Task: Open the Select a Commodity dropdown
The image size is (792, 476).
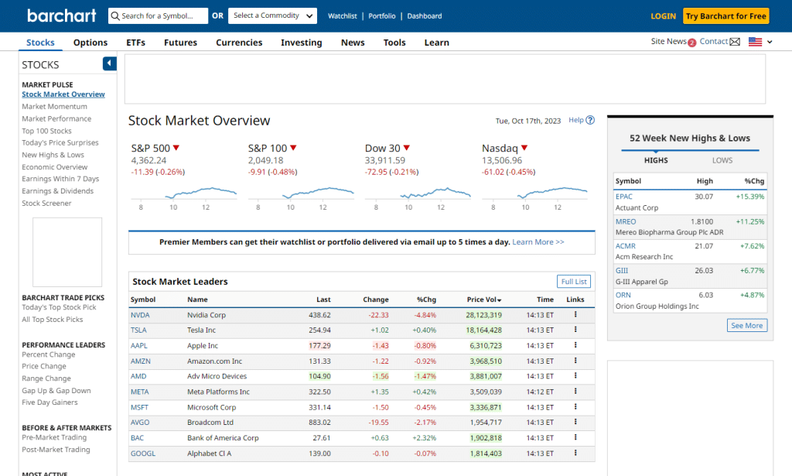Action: [274, 15]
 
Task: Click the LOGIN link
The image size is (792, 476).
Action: [663, 15]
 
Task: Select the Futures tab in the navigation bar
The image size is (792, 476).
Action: [180, 43]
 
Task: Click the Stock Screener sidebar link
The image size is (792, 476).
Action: [46, 204]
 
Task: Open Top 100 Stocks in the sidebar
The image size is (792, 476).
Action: [46, 131]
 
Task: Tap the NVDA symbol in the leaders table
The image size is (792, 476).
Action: [139, 315]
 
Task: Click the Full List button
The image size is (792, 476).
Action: [574, 282]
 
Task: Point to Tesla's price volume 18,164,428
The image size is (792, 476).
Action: [484, 330]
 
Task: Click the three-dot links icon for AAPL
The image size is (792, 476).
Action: [575, 345]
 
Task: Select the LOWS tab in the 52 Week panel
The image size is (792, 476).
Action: [722, 160]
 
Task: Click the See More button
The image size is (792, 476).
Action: [746, 326]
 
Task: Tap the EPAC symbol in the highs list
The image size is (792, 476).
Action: [623, 197]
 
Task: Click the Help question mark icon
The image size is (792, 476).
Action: [590, 120]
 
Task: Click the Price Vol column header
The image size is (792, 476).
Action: [484, 300]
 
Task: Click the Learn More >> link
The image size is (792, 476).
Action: [538, 242]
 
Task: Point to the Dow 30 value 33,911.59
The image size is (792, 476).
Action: [385, 160]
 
